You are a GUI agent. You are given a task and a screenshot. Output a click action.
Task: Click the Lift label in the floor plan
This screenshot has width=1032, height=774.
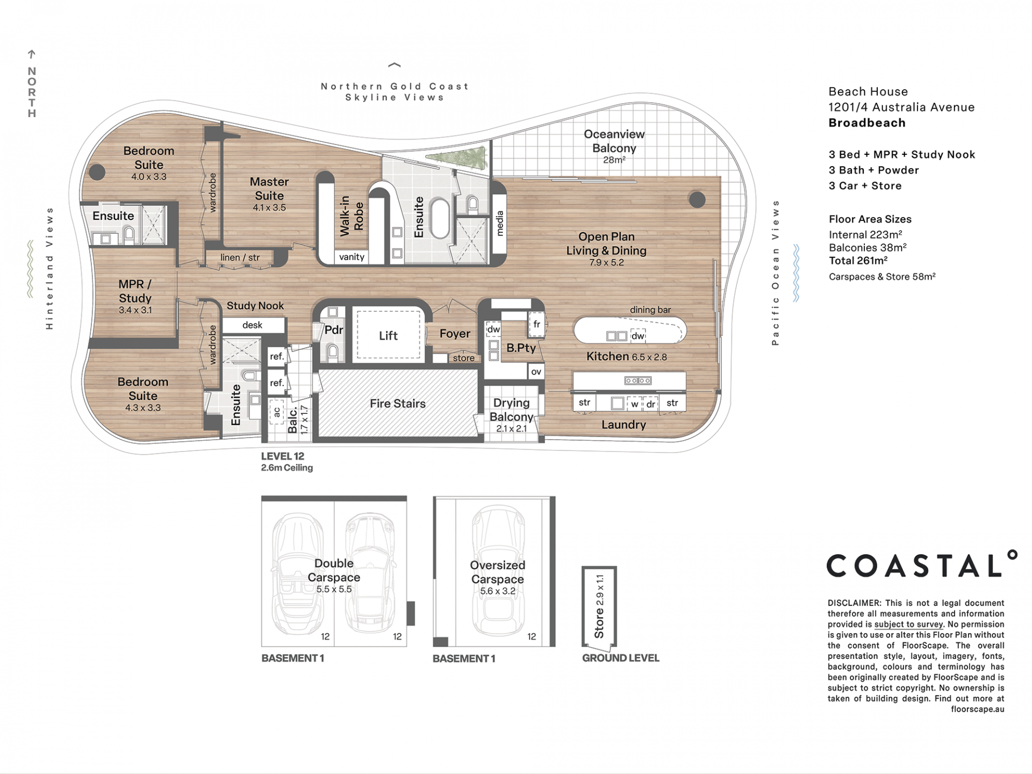click(388, 336)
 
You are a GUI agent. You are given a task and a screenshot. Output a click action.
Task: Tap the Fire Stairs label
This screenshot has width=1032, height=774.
click(398, 404)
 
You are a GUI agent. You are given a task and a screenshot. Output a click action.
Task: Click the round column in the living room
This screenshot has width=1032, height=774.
click(697, 200)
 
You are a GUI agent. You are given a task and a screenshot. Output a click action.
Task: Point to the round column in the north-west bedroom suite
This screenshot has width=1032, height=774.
click(97, 172)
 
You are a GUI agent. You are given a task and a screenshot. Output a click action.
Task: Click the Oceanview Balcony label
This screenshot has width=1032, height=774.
click(614, 141)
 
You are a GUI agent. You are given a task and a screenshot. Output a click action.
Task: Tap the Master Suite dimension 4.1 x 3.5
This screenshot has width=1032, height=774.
click(269, 207)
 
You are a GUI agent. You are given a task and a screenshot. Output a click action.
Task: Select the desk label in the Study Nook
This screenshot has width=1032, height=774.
click(252, 325)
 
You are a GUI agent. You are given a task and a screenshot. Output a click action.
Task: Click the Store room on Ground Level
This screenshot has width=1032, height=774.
click(599, 606)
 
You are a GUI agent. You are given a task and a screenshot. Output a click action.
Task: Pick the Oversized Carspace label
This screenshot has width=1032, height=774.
click(498, 572)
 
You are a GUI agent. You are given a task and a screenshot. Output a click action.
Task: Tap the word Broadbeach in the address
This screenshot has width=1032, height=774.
click(867, 123)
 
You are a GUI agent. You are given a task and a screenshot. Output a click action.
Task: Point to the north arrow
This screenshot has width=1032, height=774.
click(32, 54)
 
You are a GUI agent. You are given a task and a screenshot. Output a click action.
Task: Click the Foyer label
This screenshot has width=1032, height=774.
click(455, 334)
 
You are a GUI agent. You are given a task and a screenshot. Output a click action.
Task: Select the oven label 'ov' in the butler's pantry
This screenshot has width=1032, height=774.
click(536, 371)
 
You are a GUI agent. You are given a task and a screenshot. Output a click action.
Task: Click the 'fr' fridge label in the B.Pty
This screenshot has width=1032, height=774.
click(536, 324)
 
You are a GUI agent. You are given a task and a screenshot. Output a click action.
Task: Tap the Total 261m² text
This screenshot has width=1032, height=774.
click(858, 261)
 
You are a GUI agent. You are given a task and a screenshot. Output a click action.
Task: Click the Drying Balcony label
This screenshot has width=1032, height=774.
click(512, 410)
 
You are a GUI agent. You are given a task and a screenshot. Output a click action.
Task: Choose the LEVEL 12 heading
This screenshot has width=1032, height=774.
click(283, 456)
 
